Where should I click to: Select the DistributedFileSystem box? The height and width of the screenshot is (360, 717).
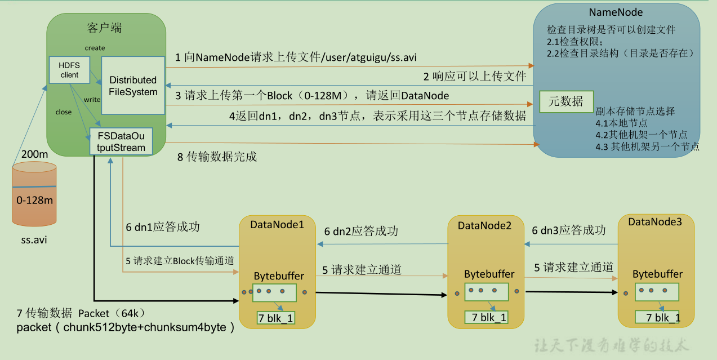coord(133,86)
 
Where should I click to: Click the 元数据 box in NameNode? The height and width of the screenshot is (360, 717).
coord(565,101)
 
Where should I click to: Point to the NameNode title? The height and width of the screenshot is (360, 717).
coord(616,12)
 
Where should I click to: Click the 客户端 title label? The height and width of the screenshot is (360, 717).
coord(105,28)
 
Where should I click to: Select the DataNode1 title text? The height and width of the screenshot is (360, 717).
coord(277,224)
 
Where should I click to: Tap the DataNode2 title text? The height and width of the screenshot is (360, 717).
coord(484,225)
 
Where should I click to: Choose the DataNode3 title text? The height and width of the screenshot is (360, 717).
coord(655,222)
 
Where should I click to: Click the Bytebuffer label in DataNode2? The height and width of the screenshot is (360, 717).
coord(489,274)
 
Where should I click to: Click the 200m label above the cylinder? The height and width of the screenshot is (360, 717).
coord(34,154)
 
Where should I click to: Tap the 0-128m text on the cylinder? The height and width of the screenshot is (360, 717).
coord(35,200)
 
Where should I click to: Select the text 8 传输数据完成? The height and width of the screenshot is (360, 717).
coord(217,157)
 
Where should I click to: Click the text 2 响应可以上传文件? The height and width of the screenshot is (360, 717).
coord(475,76)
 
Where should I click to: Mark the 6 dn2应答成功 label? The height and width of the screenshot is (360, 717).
coord(361,231)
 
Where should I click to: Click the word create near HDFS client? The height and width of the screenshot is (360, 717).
coord(95,48)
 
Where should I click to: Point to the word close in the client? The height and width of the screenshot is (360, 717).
coord(64,112)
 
